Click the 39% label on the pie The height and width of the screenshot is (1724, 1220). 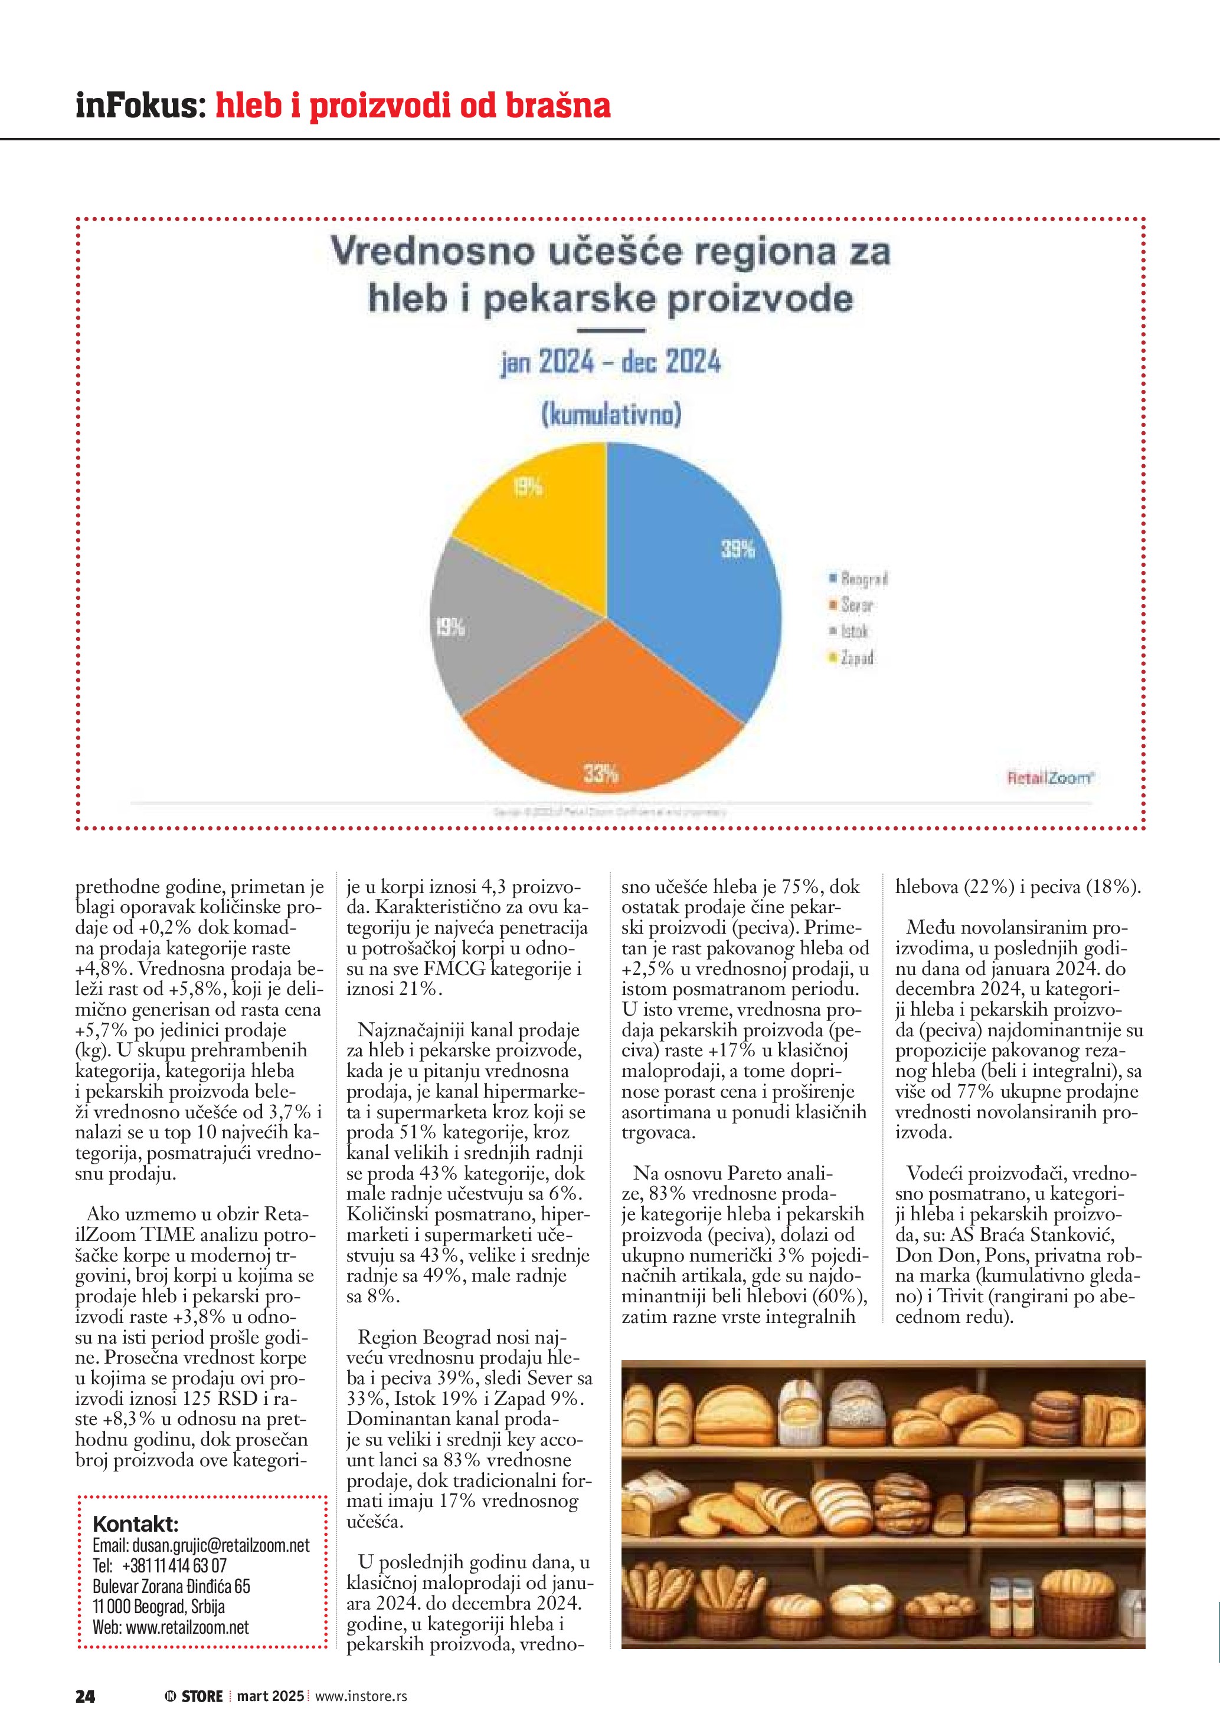coord(738,549)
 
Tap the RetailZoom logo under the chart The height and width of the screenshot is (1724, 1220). coord(1050,778)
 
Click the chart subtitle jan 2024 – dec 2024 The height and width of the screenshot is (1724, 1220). coord(610,363)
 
